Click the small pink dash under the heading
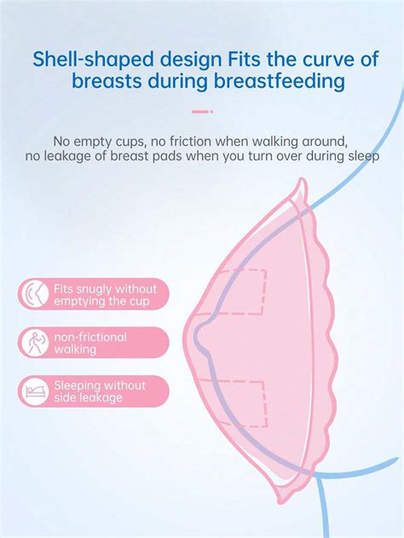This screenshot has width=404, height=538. (201, 111)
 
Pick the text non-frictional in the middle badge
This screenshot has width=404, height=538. (90, 337)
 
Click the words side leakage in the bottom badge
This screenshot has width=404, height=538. (88, 397)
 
